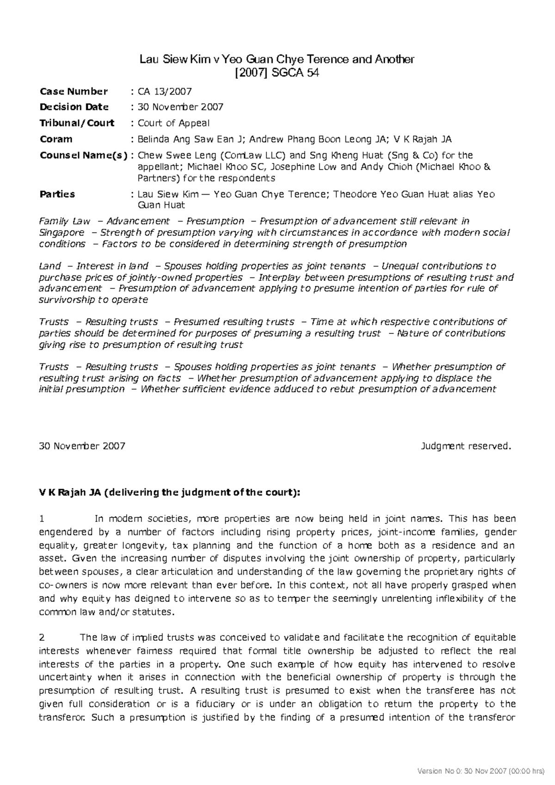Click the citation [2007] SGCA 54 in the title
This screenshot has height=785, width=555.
tap(277, 73)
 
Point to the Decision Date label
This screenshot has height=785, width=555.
tap(74, 107)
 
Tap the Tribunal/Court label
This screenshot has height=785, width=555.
tap(77, 123)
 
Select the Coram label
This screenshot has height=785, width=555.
tap(56, 139)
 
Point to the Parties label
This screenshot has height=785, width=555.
tap(57, 194)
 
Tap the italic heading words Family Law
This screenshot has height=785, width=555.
tap(64, 221)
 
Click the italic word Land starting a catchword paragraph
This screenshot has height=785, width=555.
tap(50, 266)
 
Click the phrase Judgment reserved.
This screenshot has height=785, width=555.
tap(466, 446)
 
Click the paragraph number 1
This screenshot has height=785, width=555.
tap(42, 519)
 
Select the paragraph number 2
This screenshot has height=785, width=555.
tap(42, 638)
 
